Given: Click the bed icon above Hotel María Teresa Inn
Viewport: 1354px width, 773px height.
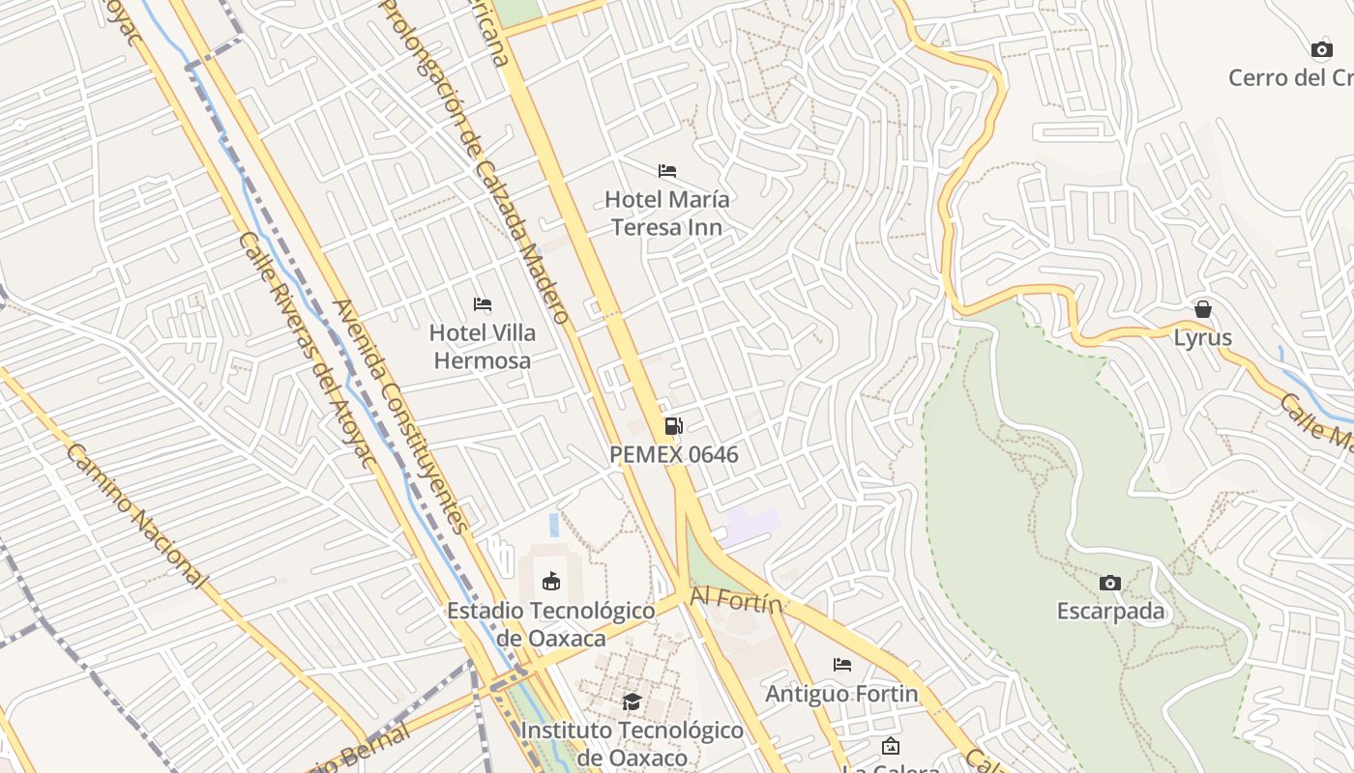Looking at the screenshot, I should tap(667, 171).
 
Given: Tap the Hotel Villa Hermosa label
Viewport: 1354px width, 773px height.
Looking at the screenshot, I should tap(482, 347).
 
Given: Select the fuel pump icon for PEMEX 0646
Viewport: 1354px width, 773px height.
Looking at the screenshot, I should tap(674, 426).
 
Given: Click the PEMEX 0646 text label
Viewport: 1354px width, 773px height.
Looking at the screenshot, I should tap(674, 454).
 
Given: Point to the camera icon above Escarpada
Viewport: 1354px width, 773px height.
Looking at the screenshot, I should tap(1110, 583).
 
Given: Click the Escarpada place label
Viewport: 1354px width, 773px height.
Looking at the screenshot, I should tap(1110, 612).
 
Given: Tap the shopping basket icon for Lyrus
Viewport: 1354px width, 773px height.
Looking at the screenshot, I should tap(1203, 309).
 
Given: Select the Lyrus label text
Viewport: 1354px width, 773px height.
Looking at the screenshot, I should tap(1203, 338).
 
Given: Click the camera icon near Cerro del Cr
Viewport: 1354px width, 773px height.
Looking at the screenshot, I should tap(1321, 49).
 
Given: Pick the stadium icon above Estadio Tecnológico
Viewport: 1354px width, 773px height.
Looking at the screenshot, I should tap(551, 581).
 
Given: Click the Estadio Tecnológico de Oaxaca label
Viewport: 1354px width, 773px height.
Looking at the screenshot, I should tap(551, 624).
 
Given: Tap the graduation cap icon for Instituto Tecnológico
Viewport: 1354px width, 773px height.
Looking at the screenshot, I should tap(632, 701).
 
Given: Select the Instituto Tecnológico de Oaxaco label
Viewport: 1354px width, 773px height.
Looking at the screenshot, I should tap(632, 743).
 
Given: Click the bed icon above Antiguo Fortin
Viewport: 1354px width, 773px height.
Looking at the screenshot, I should tap(842, 665).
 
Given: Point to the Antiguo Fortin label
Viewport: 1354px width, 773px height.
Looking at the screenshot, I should tap(842, 694).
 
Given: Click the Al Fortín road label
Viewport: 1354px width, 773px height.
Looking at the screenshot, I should tap(735, 602).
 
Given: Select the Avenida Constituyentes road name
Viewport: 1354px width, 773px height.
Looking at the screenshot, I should tap(399, 415).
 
